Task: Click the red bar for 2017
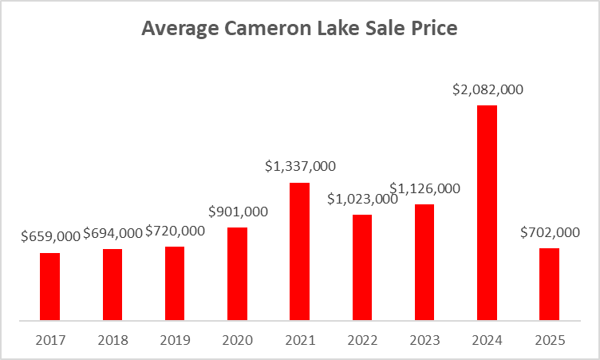pos(49,287)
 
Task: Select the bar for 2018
pos(112,285)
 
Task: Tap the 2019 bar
pos(175,284)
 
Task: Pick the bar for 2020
pos(237,275)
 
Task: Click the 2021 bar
pos(299,252)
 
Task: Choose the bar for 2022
pos(361,268)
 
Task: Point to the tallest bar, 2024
pos(487,213)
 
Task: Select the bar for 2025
pos(549,285)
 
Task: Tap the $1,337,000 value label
pos(300,167)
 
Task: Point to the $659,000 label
pos(49,237)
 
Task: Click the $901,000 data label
pos(237,212)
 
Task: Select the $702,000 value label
pos(549,232)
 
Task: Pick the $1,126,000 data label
pos(425,188)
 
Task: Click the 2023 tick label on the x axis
pos(424,340)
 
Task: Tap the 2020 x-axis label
pos(237,340)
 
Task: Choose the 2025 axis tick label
pos(549,340)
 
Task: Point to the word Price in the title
pos(434,30)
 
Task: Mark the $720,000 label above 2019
pos(175,231)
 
